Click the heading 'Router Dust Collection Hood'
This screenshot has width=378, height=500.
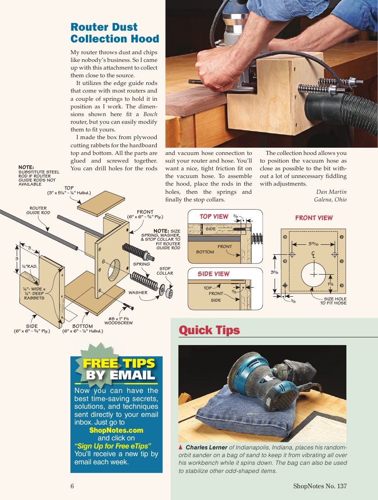115,33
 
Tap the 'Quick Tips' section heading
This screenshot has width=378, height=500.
209,330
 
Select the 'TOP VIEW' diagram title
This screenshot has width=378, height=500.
214,217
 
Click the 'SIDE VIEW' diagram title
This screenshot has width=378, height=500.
213,274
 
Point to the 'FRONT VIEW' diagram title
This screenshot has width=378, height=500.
313,218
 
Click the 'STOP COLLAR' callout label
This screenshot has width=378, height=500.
164,271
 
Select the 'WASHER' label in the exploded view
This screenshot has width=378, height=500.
138,293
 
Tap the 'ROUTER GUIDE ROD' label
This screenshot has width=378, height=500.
38,210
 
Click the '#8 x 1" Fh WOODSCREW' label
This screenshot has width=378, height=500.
119,321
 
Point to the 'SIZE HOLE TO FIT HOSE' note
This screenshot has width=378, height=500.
333,301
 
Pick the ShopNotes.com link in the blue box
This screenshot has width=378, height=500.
116,430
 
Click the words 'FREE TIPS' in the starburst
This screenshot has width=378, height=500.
119,364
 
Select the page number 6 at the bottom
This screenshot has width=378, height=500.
72,486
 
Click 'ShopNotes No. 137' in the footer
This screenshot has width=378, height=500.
320,486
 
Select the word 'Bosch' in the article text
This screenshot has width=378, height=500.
150,114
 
